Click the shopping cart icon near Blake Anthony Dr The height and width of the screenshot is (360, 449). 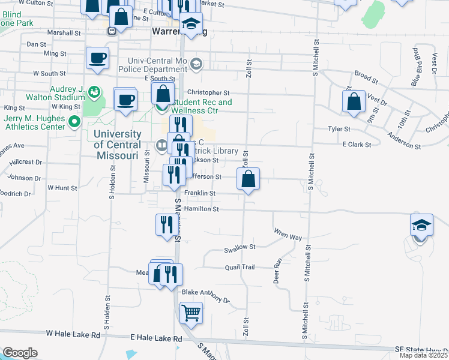point(191,312)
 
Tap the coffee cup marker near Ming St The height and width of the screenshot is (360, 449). point(97,58)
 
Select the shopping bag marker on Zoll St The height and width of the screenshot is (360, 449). point(248,179)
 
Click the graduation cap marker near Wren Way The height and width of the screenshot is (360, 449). point(421,226)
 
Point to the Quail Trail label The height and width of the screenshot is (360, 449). point(240,267)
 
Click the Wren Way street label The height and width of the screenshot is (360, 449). point(288,234)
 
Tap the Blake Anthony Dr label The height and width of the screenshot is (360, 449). point(206,296)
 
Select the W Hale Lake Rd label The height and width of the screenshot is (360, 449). point(71,333)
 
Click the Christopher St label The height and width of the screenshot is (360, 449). point(208,92)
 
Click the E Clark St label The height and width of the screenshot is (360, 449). point(357,145)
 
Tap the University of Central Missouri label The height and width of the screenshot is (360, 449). point(118,144)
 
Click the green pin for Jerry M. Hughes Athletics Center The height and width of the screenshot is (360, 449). point(74,122)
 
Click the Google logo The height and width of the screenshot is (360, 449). point(19,353)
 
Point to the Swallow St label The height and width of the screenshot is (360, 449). point(240,247)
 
